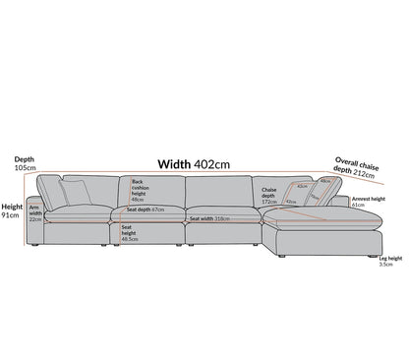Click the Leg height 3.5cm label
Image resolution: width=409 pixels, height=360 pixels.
tap(389, 263)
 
